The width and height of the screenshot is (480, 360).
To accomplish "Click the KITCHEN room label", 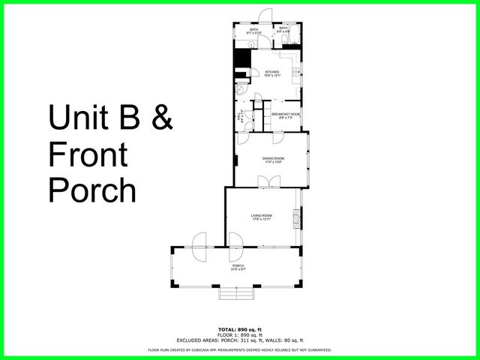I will click(x=271, y=73).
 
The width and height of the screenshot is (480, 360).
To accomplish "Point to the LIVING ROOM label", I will click(x=262, y=217).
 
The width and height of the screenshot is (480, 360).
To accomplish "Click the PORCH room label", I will click(x=238, y=266).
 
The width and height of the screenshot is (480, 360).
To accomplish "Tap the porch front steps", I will click(x=233, y=294).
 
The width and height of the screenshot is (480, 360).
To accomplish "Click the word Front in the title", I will click(x=88, y=155).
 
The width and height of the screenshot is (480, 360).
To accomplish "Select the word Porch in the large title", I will click(x=92, y=190).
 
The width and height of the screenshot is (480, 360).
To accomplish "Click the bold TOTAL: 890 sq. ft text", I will click(x=239, y=330).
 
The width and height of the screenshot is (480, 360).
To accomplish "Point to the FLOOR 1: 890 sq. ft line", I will click(x=239, y=334).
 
